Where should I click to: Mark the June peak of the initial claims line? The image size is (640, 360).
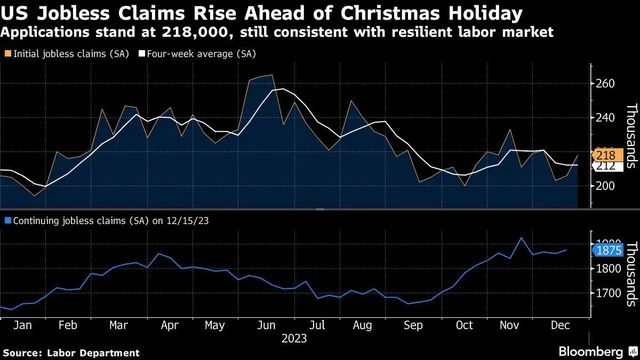271,75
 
